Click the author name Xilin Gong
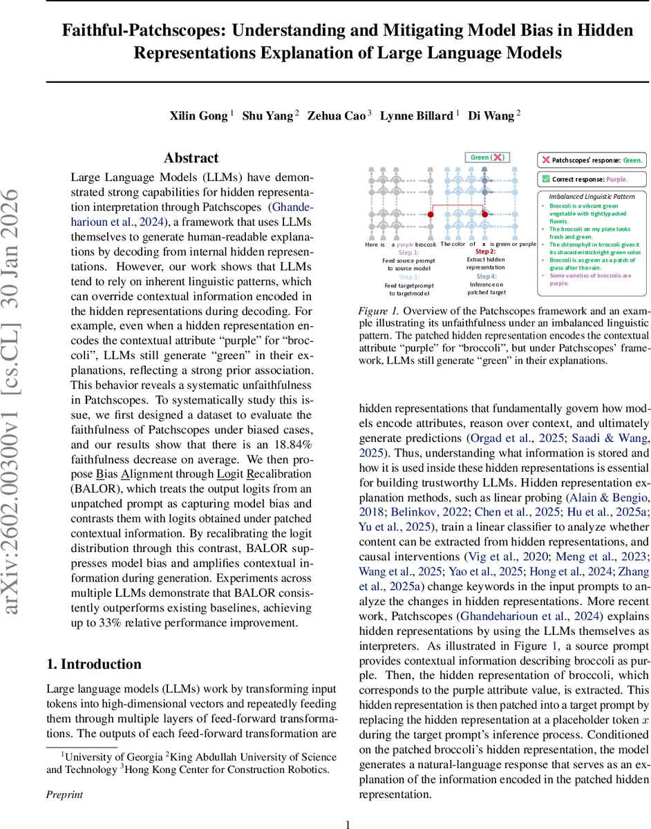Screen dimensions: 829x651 (198, 115)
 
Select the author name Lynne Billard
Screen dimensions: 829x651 (416, 115)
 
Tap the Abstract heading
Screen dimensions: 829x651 (191, 158)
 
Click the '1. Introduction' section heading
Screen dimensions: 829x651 (93, 664)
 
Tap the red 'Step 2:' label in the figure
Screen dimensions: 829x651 (485, 251)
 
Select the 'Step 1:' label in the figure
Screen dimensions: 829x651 (408, 253)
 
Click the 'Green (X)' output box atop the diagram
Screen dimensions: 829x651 (487, 158)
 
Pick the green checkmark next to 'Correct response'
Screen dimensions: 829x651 (545, 180)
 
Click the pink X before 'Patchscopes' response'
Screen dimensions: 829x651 (545, 160)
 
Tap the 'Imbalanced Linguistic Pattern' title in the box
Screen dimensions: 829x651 (592, 196)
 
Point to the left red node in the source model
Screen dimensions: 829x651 (430, 215)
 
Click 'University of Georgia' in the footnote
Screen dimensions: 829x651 (110, 737)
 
